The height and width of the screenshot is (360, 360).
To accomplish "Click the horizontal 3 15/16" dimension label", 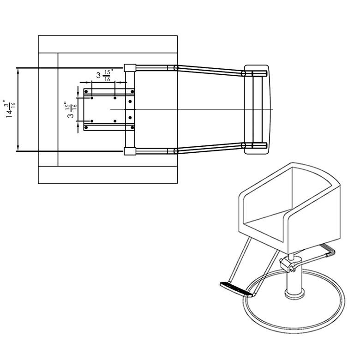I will (103, 75).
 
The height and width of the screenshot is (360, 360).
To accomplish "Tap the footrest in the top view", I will (257, 109).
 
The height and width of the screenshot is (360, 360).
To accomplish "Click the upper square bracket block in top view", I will (129, 68).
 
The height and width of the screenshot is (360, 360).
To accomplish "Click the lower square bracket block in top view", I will (129, 151).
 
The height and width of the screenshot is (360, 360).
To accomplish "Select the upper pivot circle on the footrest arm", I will (176, 68).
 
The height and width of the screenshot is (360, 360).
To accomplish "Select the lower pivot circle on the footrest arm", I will (176, 151).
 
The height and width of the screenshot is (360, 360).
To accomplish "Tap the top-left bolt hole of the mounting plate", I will (92, 98).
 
